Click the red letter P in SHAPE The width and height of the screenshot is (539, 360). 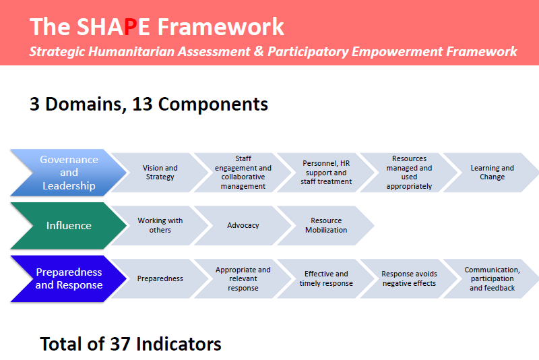(x=130, y=27)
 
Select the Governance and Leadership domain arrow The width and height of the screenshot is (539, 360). (x=69, y=173)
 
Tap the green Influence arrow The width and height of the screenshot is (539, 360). (x=69, y=226)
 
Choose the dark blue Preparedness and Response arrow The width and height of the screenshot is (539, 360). (x=69, y=278)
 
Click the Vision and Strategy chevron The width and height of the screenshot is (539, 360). (x=160, y=173)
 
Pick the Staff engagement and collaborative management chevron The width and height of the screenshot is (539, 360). (x=243, y=173)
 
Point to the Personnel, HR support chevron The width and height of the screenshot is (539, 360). (x=326, y=173)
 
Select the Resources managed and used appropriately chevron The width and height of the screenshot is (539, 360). (x=409, y=173)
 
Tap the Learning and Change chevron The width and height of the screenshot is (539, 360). (x=493, y=173)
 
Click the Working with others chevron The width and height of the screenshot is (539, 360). (x=160, y=225)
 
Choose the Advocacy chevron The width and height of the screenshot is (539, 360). (x=243, y=225)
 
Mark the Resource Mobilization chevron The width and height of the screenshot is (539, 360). (x=326, y=225)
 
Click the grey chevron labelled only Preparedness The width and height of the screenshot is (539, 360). (x=160, y=278)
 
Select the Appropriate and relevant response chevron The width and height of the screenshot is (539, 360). (x=243, y=278)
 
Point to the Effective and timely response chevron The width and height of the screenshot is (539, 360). (x=326, y=278)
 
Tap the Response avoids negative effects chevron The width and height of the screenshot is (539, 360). (x=409, y=278)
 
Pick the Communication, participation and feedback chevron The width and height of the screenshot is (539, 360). (x=493, y=278)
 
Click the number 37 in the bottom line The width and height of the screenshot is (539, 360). (x=121, y=344)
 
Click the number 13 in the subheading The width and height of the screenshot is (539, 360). (x=142, y=104)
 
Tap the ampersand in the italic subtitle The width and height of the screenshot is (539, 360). (x=259, y=51)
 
